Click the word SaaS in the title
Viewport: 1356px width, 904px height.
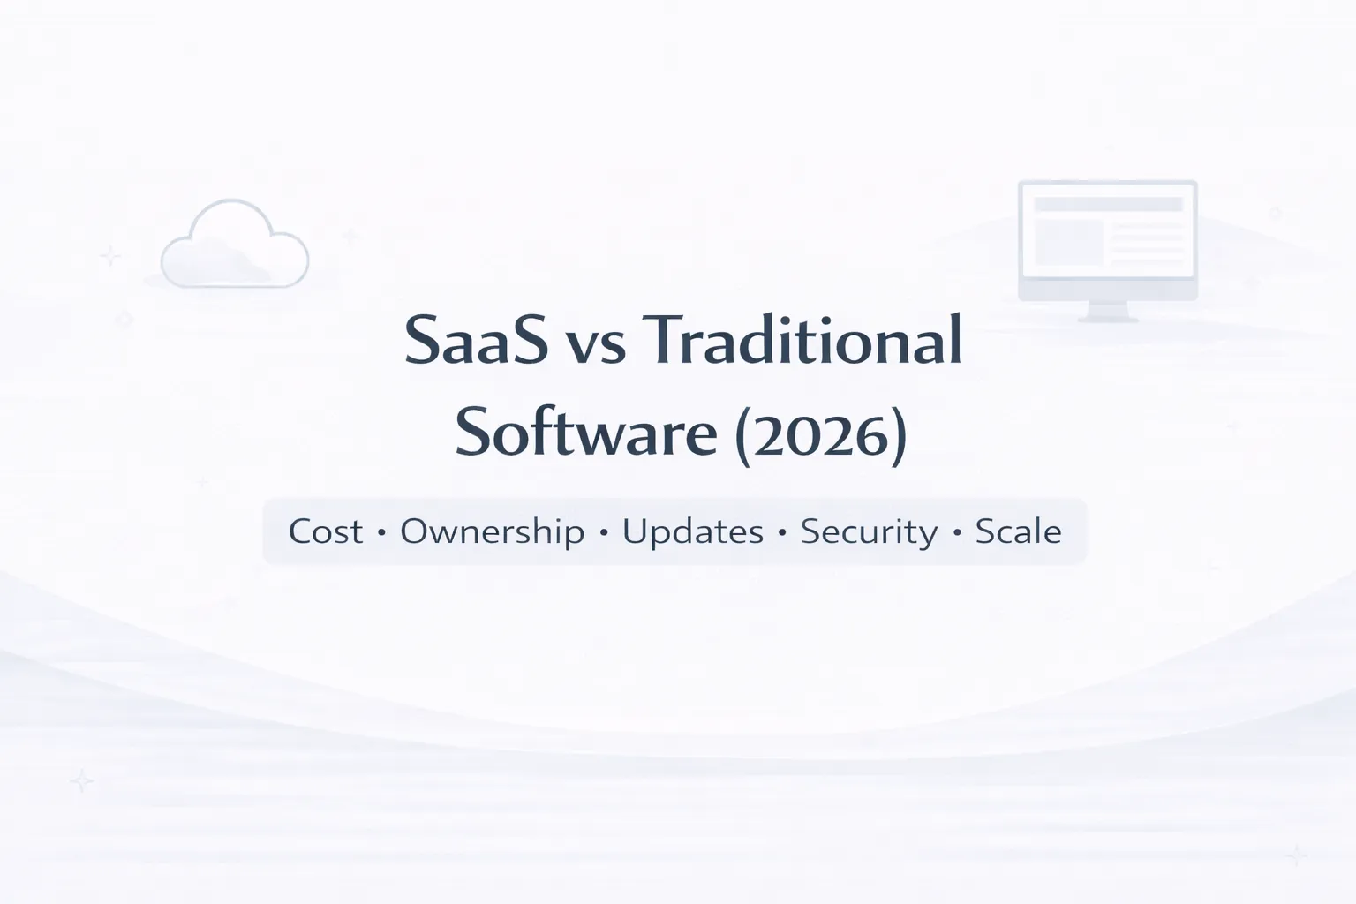pos(475,341)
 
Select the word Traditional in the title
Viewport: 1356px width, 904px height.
pos(806,341)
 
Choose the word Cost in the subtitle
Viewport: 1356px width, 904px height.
pos(326,531)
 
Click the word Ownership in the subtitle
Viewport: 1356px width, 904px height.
pos(492,532)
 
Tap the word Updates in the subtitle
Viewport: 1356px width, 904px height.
pos(693,532)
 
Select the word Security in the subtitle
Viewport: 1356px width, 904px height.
pos(869,532)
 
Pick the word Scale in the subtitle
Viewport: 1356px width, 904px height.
pos(1018,531)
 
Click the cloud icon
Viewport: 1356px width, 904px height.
pos(235,247)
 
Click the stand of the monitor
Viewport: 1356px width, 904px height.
pos(1107,311)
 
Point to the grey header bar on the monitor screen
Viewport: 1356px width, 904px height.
pos(1107,204)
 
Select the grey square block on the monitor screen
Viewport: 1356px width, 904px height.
pos(1068,242)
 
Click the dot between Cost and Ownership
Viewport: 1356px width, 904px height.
pos(381,533)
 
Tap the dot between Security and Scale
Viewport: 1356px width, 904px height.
pos(957,533)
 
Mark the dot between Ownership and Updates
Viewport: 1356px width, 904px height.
pos(604,533)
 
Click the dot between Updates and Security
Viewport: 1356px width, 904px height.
pos(782,533)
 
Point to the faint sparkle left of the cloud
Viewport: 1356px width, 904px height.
pos(110,256)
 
